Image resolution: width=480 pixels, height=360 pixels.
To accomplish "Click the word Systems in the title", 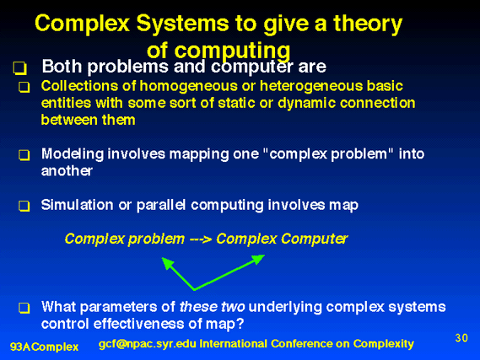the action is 182,24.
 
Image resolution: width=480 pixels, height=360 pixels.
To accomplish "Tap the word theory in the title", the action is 368,24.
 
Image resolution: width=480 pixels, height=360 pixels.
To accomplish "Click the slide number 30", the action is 461,338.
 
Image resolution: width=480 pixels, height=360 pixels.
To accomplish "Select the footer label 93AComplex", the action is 45,347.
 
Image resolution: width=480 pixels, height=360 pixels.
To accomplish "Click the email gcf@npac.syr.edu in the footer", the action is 148,344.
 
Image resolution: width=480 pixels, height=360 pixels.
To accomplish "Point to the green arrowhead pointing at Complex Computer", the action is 258,260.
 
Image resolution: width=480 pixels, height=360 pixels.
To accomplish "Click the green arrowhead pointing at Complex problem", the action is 168,263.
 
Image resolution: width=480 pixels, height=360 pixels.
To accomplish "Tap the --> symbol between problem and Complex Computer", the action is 201,239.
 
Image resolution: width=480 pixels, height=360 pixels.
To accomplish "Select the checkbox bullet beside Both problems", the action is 20,68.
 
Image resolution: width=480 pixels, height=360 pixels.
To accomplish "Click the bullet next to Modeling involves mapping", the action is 24,155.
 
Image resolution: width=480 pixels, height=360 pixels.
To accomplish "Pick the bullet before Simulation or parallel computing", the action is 24,206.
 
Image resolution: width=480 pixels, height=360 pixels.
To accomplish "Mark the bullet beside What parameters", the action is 24,308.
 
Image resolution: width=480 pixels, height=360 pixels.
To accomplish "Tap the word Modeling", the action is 73,154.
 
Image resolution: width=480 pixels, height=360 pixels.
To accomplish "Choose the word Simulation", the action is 77,205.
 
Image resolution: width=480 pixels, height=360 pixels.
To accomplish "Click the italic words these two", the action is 212,307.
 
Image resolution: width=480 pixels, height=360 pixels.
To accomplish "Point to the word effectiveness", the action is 138,324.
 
